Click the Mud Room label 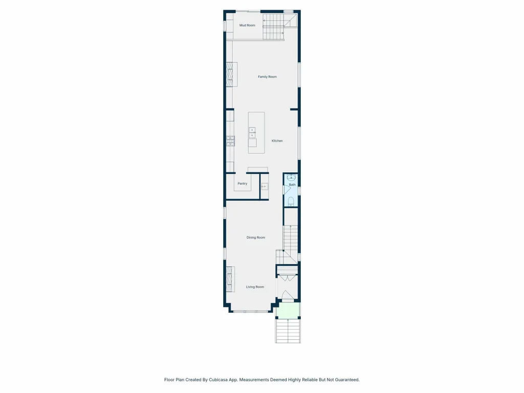tap(247, 26)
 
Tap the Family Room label tap(267, 77)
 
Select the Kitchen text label tap(277, 141)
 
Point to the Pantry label tap(242, 184)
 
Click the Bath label tap(292, 185)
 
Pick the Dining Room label tap(256, 237)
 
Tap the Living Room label tap(255, 287)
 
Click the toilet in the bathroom tap(291, 201)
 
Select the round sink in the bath tap(291, 177)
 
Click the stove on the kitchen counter tap(230, 141)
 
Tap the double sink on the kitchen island tap(252, 133)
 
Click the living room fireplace tap(230, 279)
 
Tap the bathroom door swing tap(287, 189)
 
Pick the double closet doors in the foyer tap(287, 278)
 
